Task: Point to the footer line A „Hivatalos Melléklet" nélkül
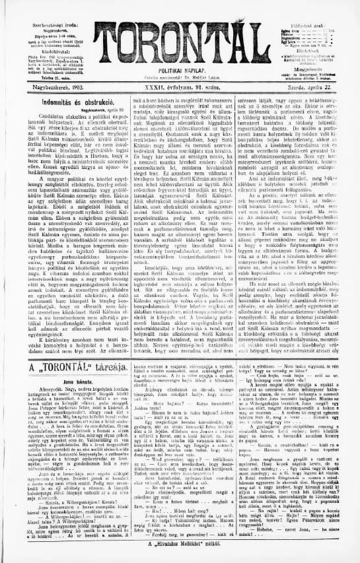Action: [x=180, y=555]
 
